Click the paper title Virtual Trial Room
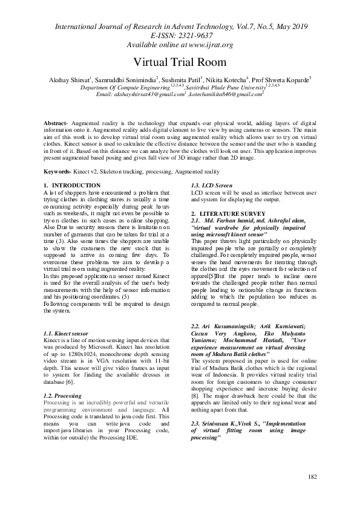click(x=180, y=62)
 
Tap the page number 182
click(x=312, y=494)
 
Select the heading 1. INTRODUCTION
click(x=72, y=185)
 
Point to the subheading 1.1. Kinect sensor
click(x=66, y=334)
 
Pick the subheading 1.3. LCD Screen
click(x=211, y=185)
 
